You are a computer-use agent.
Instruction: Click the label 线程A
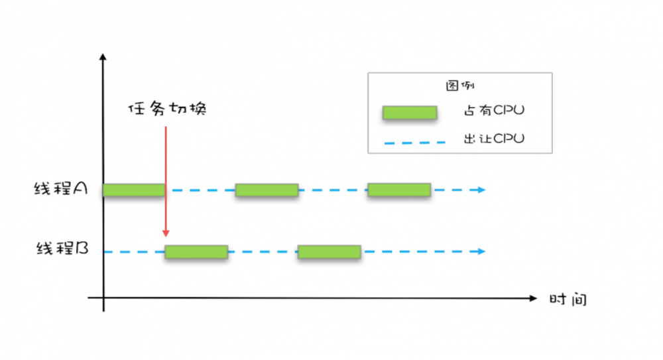[61, 188]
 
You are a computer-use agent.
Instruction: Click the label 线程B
[62, 248]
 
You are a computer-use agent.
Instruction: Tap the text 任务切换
[168, 109]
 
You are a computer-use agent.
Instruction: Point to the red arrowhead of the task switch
[166, 233]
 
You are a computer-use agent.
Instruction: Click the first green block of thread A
[134, 190]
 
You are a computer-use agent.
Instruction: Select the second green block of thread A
[267, 190]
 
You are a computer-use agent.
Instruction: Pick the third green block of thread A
[399, 190]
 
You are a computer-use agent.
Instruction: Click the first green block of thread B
[197, 252]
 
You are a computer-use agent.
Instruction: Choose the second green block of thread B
[329, 252]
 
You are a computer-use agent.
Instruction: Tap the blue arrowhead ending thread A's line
[481, 190]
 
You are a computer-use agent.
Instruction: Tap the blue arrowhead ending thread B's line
[481, 251]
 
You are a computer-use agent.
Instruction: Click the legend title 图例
[460, 86]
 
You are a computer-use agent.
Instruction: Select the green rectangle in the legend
[410, 113]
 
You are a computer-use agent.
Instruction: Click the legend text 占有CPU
[494, 111]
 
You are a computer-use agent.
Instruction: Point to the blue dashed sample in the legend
[415, 143]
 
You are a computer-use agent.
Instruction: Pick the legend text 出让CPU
[494, 139]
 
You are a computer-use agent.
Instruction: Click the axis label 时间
[568, 299]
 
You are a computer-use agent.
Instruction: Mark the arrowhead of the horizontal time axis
[533, 298]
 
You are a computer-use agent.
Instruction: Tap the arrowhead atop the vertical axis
[103, 57]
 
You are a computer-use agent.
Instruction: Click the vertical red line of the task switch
[166, 180]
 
